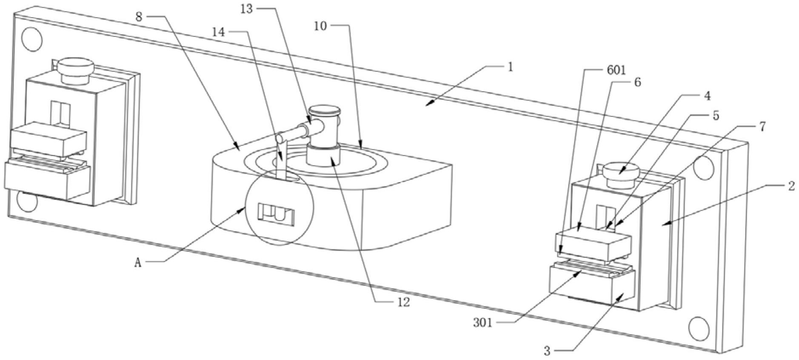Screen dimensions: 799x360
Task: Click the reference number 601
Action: tap(615, 70)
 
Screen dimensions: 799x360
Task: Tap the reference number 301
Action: tap(483, 323)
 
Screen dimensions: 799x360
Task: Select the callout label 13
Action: tap(247, 9)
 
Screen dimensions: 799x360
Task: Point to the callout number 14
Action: tap(219, 32)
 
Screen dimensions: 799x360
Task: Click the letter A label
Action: tap(138, 263)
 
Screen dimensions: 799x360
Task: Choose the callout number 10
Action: tap(320, 26)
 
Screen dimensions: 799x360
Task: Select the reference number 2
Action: tap(791, 186)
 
